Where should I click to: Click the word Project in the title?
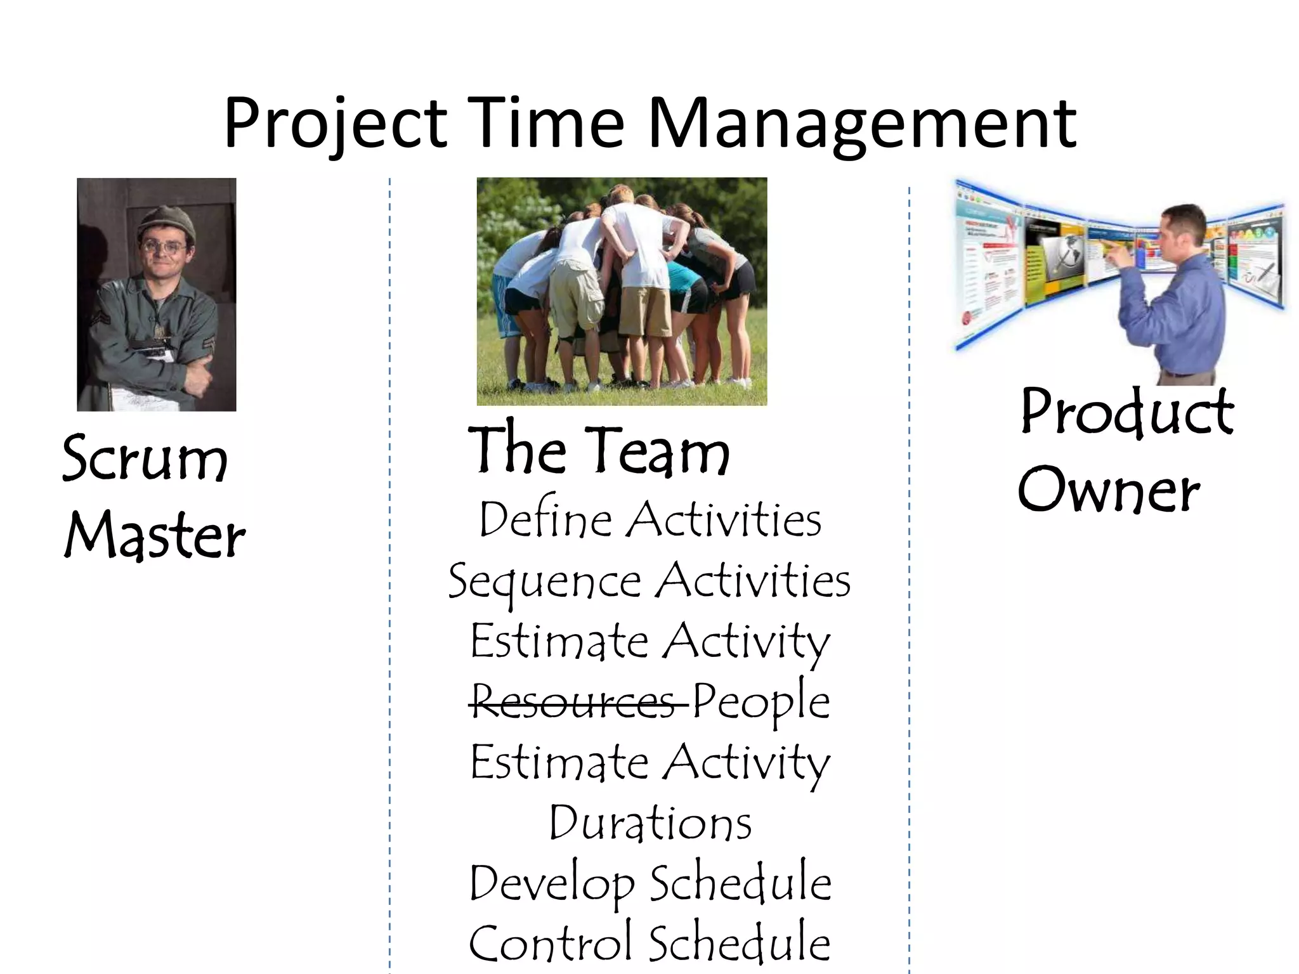pyautogui.click(x=336, y=124)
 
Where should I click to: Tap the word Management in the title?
pyautogui.click(x=861, y=124)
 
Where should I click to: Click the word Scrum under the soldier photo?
pyautogui.click(x=145, y=458)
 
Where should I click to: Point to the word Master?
pyautogui.click(x=154, y=536)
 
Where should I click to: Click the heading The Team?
pyautogui.click(x=599, y=450)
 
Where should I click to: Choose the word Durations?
pyautogui.click(x=650, y=823)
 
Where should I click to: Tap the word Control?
pyautogui.click(x=550, y=944)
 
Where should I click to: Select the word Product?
pyautogui.click(x=1127, y=412)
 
